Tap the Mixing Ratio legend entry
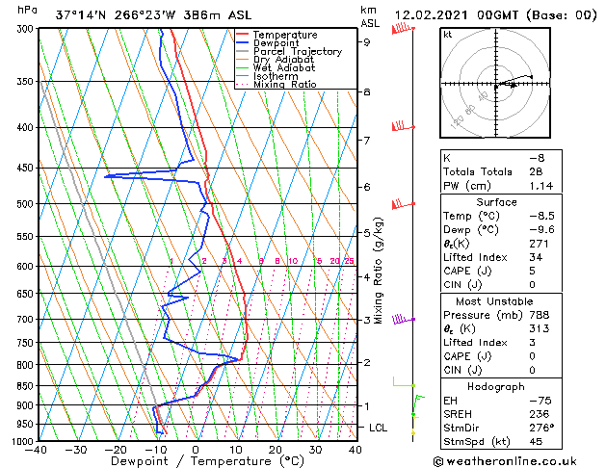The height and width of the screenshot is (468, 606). point(284,85)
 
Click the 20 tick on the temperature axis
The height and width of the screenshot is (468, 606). point(276,450)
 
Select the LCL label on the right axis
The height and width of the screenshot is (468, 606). point(381,427)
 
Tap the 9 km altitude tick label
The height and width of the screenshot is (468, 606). point(366,42)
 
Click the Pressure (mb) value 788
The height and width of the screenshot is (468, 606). point(540,314)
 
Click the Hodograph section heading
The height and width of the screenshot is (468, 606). point(497,386)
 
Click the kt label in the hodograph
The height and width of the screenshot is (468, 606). point(447,34)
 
